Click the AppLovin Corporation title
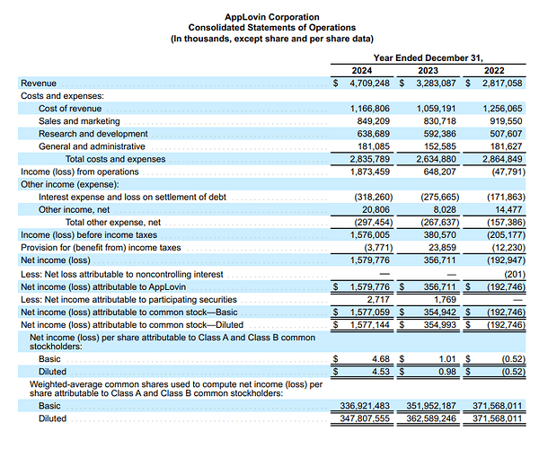pos(269,17)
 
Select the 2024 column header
pos(362,70)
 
